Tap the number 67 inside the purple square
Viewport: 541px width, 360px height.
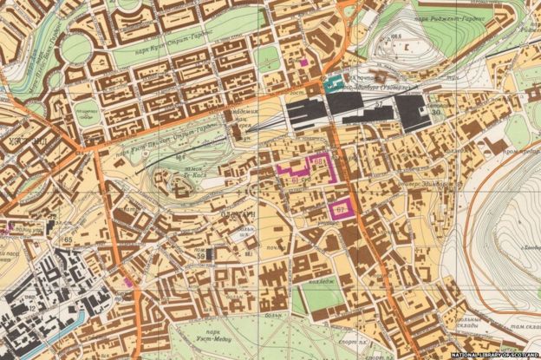341,210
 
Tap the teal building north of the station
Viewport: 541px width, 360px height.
332,83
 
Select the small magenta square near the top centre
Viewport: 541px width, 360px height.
303,62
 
